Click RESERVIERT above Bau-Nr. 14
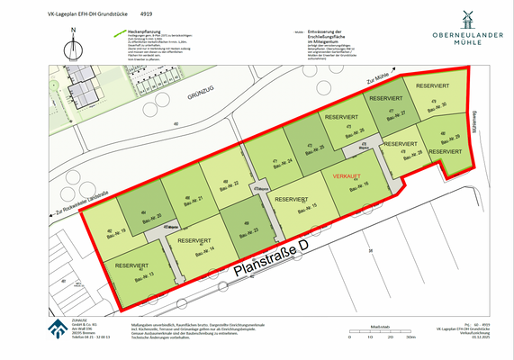(195, 241)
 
